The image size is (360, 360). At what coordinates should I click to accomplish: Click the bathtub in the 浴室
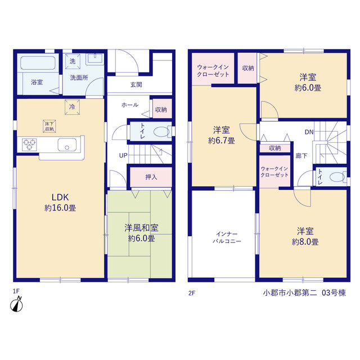38,62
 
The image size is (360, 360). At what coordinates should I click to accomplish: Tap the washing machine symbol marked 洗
73,61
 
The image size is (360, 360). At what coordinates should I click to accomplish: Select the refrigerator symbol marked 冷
72,107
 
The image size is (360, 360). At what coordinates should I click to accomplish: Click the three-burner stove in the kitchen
29,145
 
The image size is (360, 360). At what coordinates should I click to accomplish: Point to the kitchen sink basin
67,145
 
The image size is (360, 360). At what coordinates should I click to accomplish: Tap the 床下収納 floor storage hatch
49,126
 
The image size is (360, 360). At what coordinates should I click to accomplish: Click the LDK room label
60,197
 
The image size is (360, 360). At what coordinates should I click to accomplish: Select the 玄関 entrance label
136,85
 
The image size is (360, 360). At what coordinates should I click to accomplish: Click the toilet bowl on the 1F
161,132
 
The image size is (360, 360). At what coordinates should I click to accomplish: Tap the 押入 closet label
151,177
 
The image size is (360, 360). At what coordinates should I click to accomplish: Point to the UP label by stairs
123,155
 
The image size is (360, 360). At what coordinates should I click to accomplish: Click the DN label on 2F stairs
309,132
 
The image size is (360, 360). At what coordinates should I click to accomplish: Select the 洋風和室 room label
141,228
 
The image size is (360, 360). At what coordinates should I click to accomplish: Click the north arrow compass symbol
16,304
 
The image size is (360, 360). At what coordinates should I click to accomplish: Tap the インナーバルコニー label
227,237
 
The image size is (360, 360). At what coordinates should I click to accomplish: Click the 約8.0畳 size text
305,242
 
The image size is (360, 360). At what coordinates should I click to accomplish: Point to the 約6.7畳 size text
221,141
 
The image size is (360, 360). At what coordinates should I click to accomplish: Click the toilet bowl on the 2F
337,177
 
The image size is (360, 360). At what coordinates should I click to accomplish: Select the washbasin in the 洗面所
95,59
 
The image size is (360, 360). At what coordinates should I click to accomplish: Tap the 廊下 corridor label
301,156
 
